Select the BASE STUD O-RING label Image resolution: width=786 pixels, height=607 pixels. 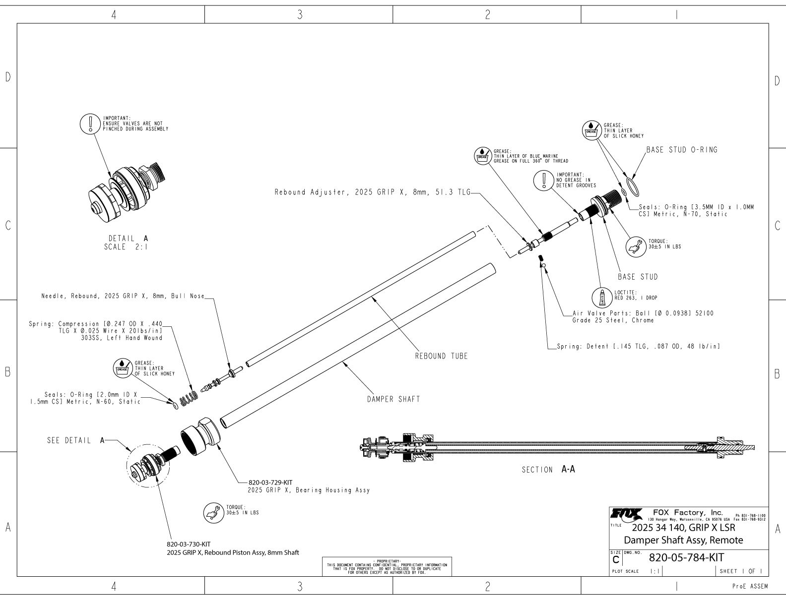pyautogui.click(x=681, y=150)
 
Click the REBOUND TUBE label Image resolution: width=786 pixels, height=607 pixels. pyautogui.click(x=441, y=356)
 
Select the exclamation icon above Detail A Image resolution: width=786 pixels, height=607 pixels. pyautogui.click(x=90, y=123)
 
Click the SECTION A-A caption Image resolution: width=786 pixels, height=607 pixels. pyautogui.click(x=548, y=469)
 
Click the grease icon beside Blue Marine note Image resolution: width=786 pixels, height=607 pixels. pyautogui.click(x=483, y=155)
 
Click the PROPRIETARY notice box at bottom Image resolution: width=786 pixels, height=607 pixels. pyautogui.click(x=387, y=566)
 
